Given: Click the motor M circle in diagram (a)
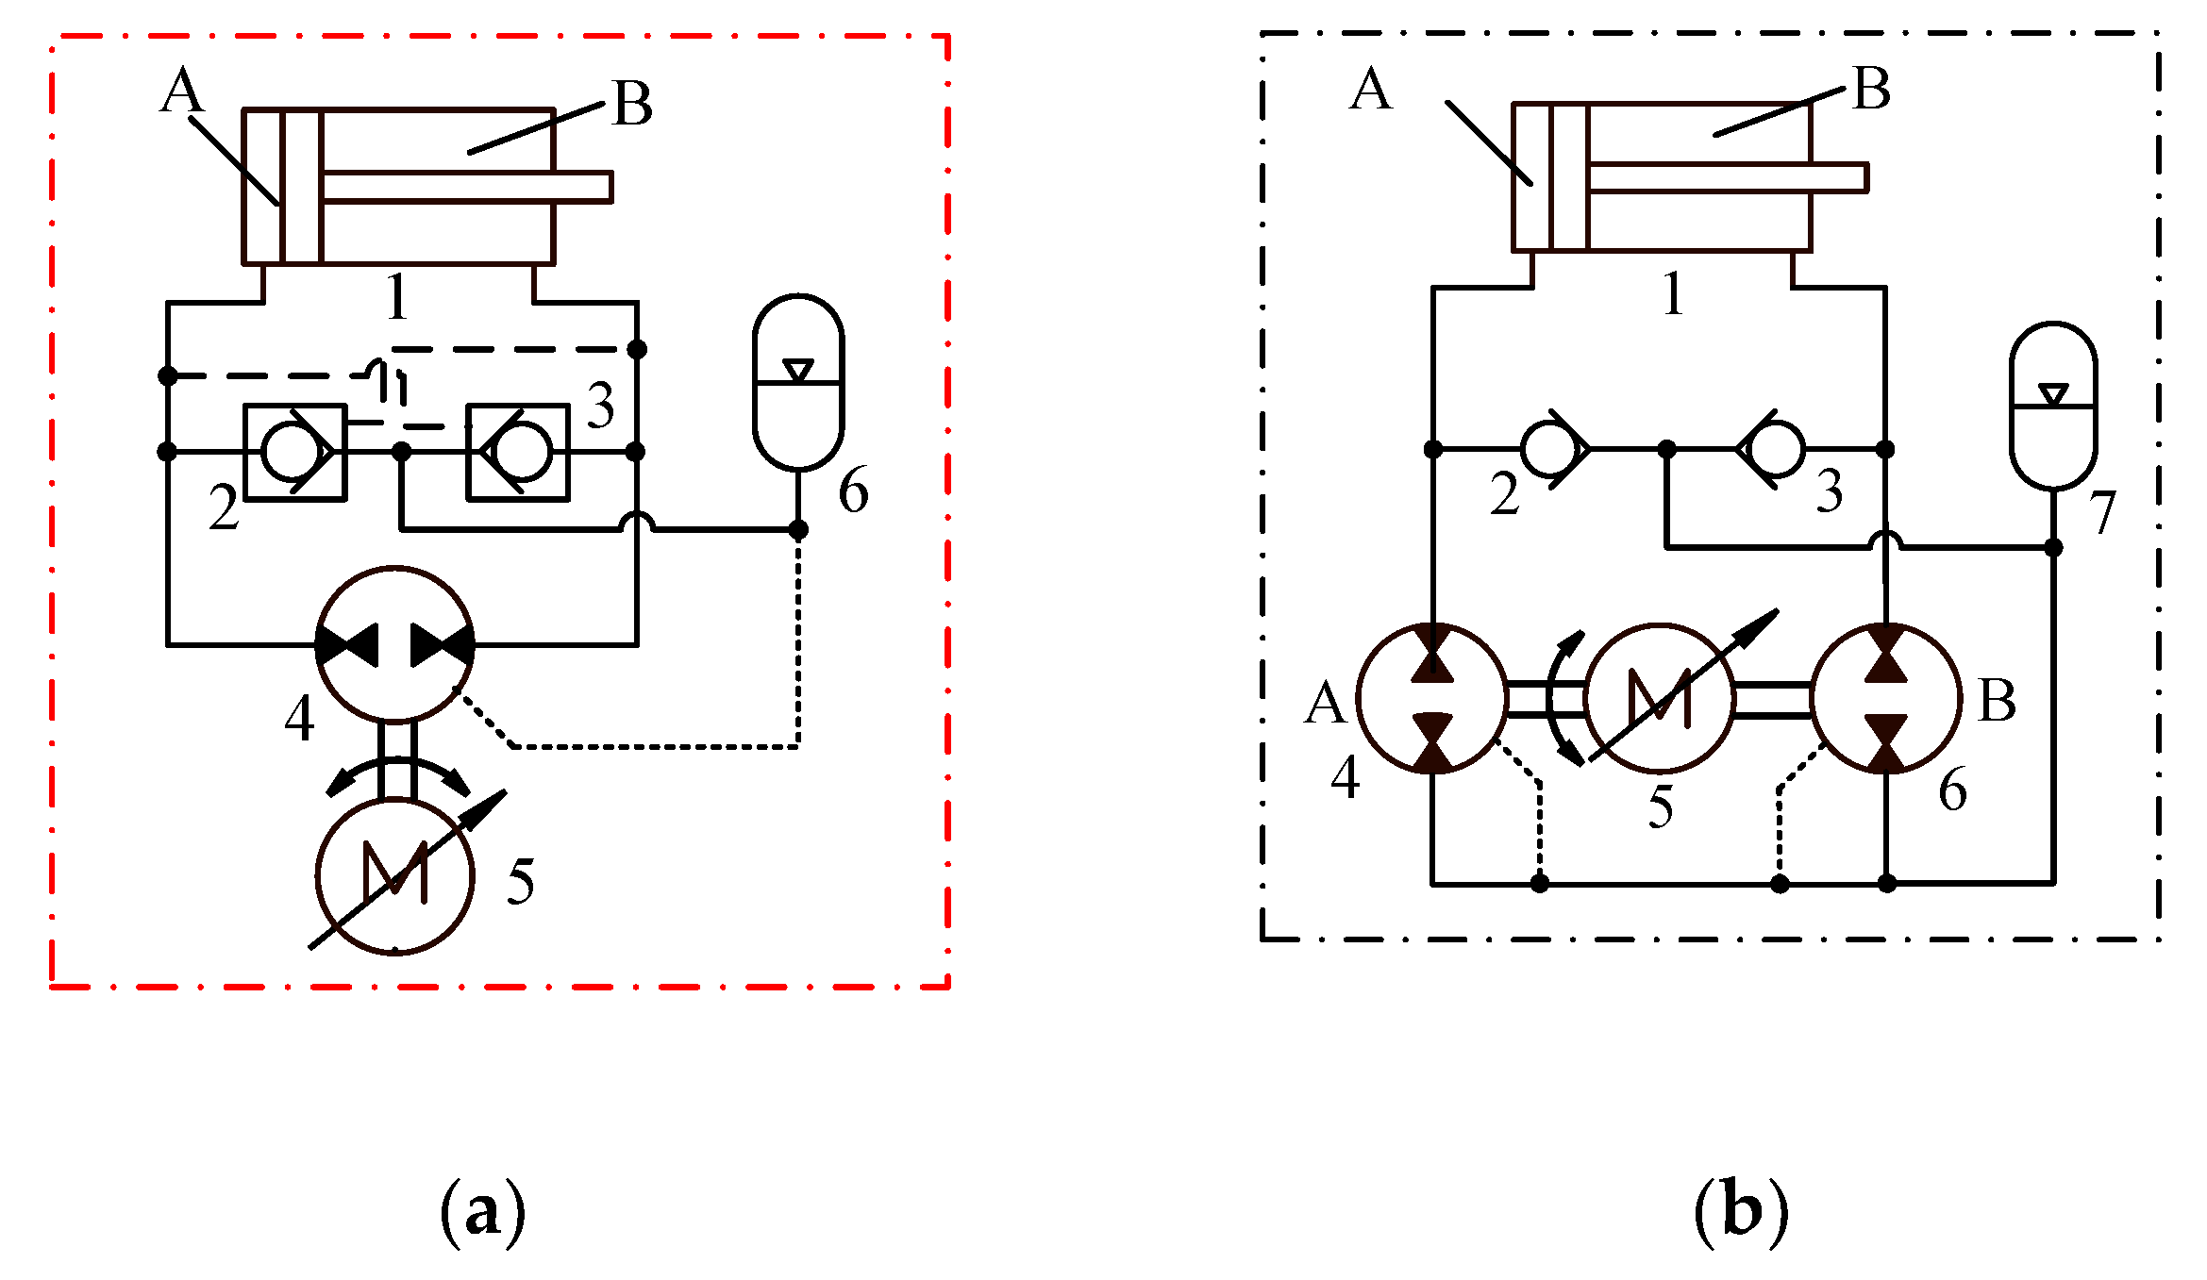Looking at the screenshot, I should tap(394, 876).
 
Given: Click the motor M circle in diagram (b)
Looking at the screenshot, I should tap(1660, 698).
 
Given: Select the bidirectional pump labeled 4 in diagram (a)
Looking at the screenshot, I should tap(394, 645).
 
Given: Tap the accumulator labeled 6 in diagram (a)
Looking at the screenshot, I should tap(798, 382).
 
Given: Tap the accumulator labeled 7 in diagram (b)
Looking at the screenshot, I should tap(2053, 407).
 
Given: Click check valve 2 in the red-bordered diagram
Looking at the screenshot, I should tap(295, 452).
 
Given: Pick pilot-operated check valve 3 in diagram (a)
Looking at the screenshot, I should tap(518, 452).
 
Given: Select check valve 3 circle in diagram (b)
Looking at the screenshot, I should tap(1776, 449).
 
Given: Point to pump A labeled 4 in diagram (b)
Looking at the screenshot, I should tap(1432, 698).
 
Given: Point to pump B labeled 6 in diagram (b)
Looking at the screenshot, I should tap(1886, 698).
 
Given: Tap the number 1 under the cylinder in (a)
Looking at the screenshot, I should tap(397, 297).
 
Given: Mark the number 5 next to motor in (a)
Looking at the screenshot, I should tap(521, 882).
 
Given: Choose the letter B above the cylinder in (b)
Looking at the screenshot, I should tap(1872, 89).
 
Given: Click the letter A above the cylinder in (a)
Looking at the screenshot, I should tap(182, 92).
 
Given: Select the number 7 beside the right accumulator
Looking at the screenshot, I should tap(2102, 512).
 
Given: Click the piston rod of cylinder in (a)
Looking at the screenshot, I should tap(467, 187).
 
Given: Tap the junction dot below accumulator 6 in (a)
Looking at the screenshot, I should tap(798, 530).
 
